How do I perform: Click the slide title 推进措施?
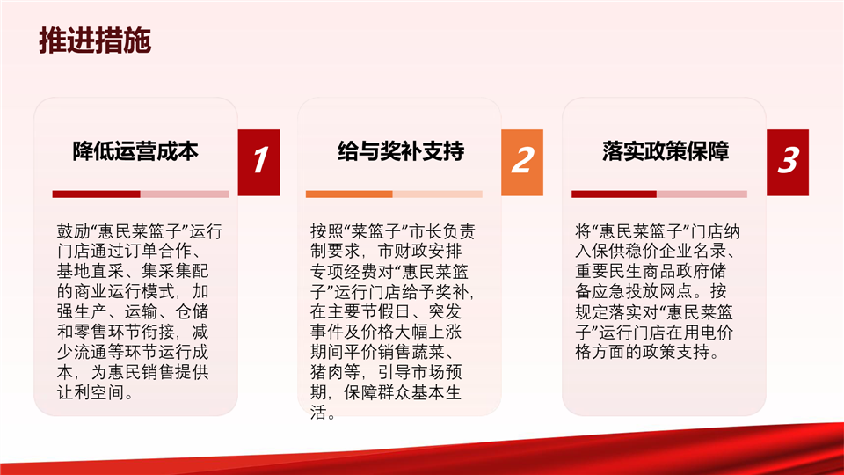95,40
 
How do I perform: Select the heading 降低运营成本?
135,151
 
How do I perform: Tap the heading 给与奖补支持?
401,151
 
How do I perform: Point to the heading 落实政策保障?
666,151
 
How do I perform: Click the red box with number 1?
258,162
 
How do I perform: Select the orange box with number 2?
522,162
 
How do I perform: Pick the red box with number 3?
788,162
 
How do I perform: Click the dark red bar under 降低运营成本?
97,194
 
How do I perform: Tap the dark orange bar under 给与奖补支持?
349,194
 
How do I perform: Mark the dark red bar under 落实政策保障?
614,194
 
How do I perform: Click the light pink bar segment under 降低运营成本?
185,194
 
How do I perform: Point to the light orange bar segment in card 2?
438,194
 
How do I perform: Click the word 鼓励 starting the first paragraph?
74,231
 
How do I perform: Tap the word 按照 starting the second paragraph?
327,231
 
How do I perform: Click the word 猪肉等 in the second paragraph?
335,372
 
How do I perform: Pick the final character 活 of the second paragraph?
318,413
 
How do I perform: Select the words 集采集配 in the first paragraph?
176,271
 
